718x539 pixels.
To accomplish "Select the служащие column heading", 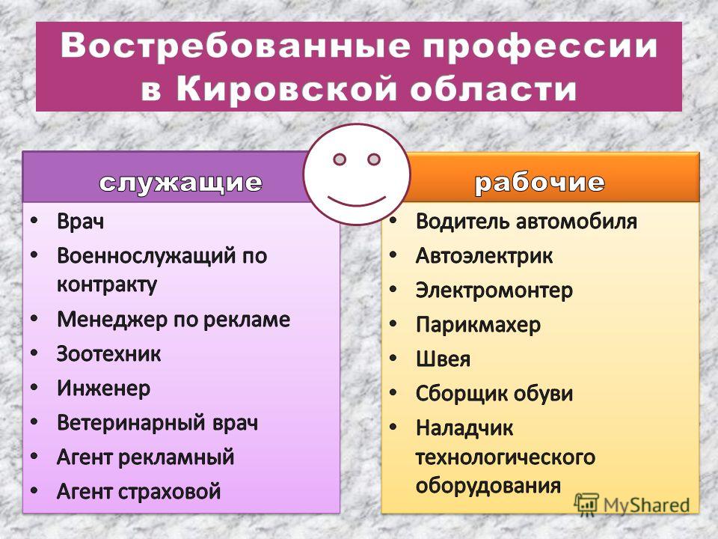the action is pyautogui.click(x=181, y=183).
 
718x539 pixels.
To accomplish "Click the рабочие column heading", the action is pyautogui.click(x=539, y=183).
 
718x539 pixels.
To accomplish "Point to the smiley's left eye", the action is pyautogui.click(x=340, y=159).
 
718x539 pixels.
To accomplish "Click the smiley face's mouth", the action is pyautogui.click(x=357, y=201).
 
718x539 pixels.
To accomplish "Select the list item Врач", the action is pyautogui.click(x=81, y=222).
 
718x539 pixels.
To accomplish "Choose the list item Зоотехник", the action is pyautogui.click(x=109, y=354).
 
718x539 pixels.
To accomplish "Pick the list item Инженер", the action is pyautogui.click(x=103, y=389).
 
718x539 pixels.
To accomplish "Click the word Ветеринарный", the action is pyautogui.click(x=131, y=422).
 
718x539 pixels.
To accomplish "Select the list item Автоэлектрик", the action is pyautogui.click(x=485, y=256).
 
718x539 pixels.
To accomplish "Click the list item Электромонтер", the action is pyautogui.click(x=494, y=290).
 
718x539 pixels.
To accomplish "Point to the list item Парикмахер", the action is pyautogui.click(x=478, y=325).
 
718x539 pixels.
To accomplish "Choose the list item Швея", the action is pyautogui.click(x=443, y=359).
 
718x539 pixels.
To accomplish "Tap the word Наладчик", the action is pyautogui.click(x=464, y=428).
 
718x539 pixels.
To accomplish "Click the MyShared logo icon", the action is pyautogui.click(x=586, y=505).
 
